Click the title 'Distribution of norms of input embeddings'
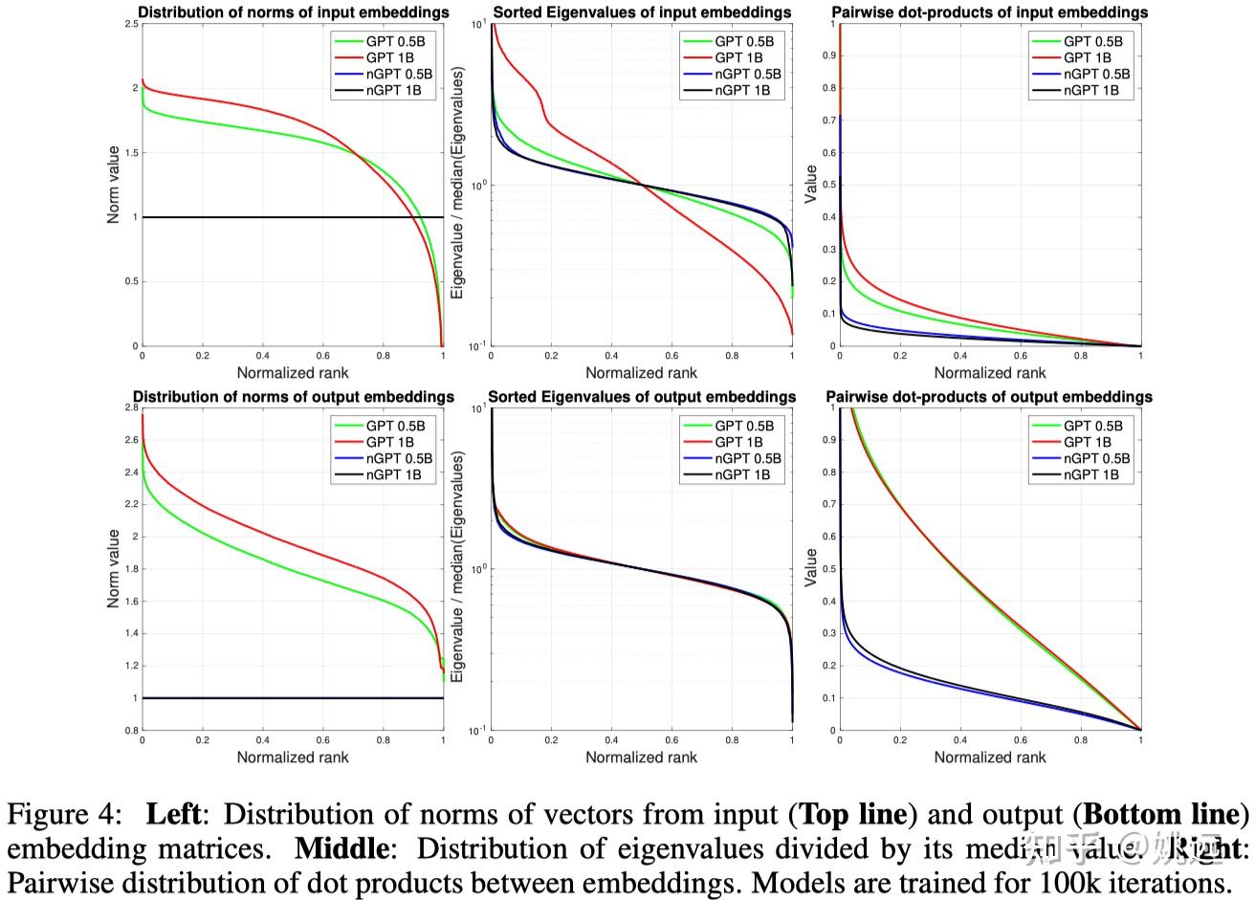tap(293, 12)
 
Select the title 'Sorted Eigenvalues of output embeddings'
tap(642, 397)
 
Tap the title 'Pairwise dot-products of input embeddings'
tap(990, 12)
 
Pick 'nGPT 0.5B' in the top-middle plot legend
tap(748, 74)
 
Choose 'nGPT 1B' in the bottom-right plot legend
tap(1091, 474)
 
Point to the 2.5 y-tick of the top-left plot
tap(131, 24)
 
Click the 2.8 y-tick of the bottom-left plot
tap(131, 407)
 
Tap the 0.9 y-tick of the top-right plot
tap(828, 55)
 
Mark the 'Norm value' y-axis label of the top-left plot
tap(114, 185)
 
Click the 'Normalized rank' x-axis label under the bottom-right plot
tap(990, 757)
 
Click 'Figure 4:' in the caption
tap(65, 815)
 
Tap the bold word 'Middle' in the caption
tap(336, 848)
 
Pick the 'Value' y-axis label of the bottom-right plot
tap(811, 568)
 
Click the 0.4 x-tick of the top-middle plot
tap(611, 355)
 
